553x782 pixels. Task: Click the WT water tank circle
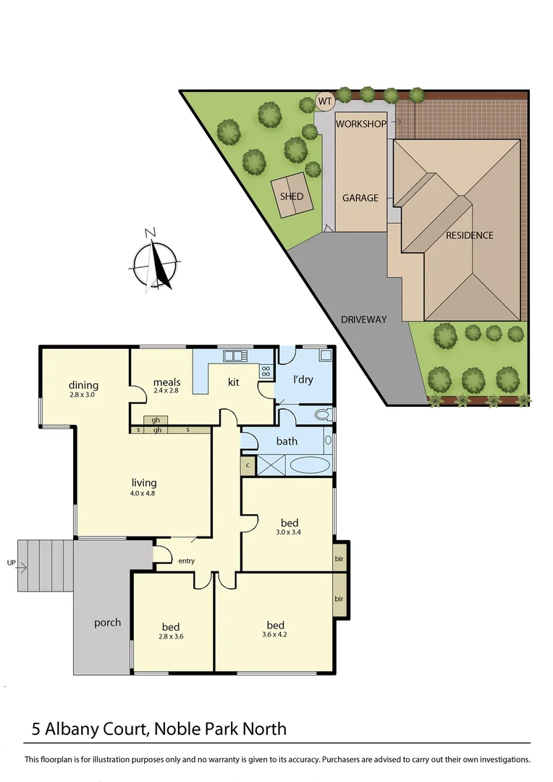(x=325, y=101)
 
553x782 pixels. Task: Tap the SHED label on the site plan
(x=292, y=196)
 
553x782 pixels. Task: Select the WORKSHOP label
(x=360, y=124)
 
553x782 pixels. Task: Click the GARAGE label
(x=360, y=198)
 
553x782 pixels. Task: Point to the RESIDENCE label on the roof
(x=469, y=235)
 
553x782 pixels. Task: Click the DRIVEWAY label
(x=364, y=319)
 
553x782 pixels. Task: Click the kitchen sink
(x=235, y=355)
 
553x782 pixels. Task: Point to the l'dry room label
(x=303, y=379)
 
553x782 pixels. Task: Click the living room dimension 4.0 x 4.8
(x=143, y=494)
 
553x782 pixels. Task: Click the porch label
(x=107, y=623)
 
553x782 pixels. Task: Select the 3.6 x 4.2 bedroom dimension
(x=275, y=635)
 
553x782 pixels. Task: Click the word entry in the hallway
(x=187, y=561)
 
